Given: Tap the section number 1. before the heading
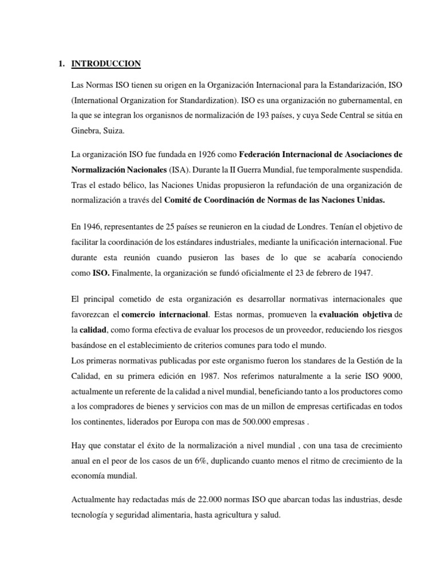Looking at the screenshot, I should point(61,64).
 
